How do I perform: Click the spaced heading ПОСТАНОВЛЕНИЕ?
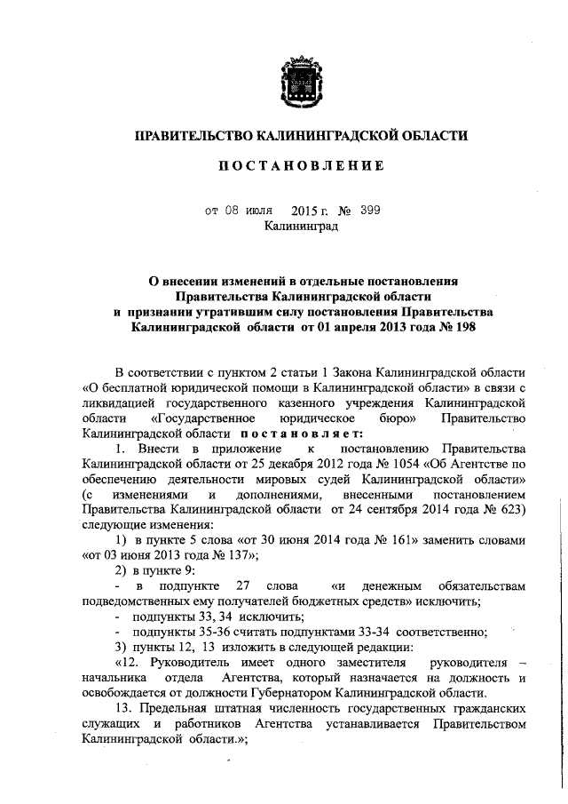tap(301, 166)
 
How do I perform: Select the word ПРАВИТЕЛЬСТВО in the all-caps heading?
tap(192, 135)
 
